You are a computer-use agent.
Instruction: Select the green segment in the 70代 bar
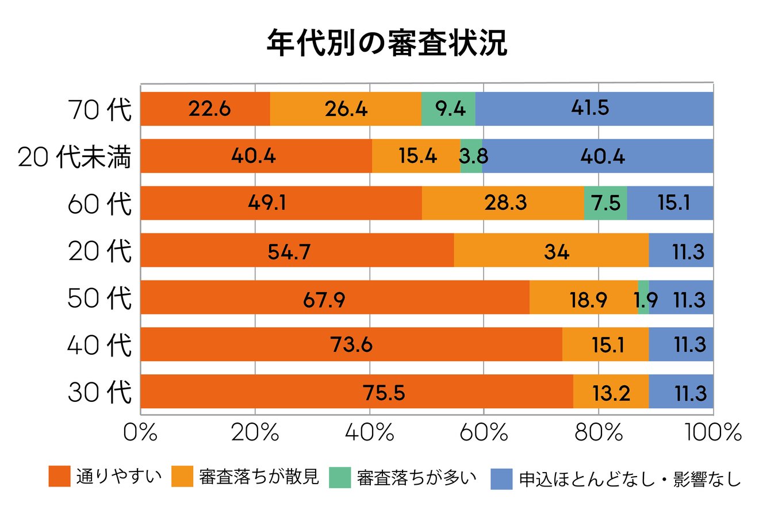click(x=448, y=109)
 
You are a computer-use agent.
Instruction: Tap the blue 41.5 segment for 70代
click(x=594, y=109)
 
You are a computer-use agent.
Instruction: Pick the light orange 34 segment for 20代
click(x=551, y=250)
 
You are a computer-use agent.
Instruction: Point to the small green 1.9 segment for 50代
click(x=643, y=297)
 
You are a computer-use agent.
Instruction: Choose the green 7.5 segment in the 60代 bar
click(x=605, y=203)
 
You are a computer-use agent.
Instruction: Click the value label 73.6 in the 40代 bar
click(x=351, y=345)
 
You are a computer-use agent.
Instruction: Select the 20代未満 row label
click(x=75, y=156)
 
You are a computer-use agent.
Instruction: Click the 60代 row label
click(x=99, y=204)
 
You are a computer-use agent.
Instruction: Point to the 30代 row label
click(x=99, y=392)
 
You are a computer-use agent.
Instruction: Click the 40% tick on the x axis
click(x=369, y=432)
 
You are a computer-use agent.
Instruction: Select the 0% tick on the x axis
click(x=140, y=432)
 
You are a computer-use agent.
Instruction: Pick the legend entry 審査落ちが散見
click(x=245, y=477)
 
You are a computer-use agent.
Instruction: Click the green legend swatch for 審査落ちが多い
click(x=340, y=477)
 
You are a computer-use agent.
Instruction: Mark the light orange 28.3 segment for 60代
click(x=503, y=203)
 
